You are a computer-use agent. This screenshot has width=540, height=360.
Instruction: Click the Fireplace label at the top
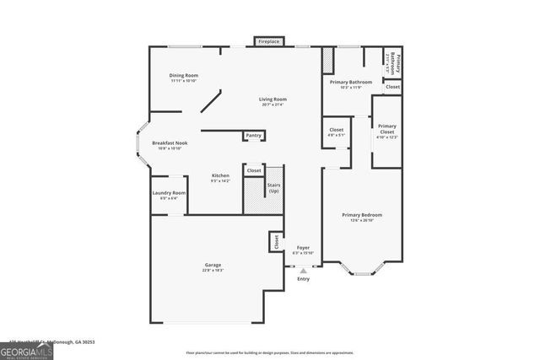click(x=268, y=41)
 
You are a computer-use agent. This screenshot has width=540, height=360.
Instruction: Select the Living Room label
click(x=273, y=101)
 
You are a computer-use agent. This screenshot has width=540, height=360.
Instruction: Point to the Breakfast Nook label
click(x=170, y=146)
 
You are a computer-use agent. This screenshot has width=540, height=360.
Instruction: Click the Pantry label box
click(x=253, y=136)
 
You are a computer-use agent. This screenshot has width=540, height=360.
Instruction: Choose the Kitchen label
click(x=220, y=178)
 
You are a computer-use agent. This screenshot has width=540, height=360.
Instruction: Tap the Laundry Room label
click(x=168, y=196)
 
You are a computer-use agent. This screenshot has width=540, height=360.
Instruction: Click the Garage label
click(x=212, y=267)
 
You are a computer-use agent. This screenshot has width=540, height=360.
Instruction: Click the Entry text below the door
click(x=303, y=278)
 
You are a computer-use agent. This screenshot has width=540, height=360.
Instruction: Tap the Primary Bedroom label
click(x=361, y=218)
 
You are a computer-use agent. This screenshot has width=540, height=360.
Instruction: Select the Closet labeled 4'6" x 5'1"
click(x=336, y=133)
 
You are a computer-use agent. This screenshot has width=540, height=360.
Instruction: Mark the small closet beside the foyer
click(x=276, y=241)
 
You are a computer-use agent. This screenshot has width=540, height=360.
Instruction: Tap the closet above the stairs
click(x=254, y=170)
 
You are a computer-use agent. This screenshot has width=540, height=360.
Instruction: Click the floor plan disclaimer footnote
click(x=270, y=352)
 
